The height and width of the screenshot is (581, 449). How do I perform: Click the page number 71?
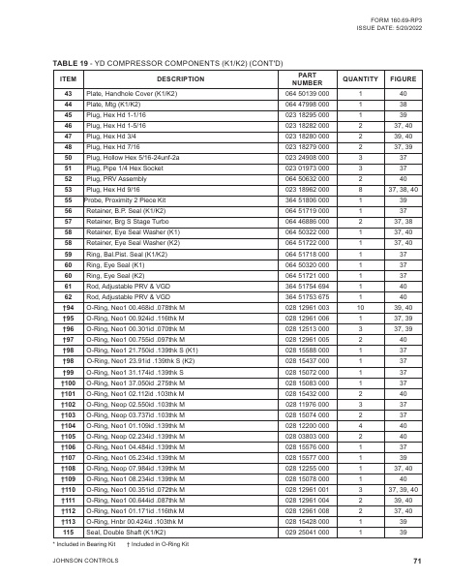pyautogui.click(x=415, y=561)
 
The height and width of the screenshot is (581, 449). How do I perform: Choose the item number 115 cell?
pyautogui.click(x=68, y=532)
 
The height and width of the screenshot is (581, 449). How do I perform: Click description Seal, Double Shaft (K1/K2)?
pyautogui.click(x=128, y=532)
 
